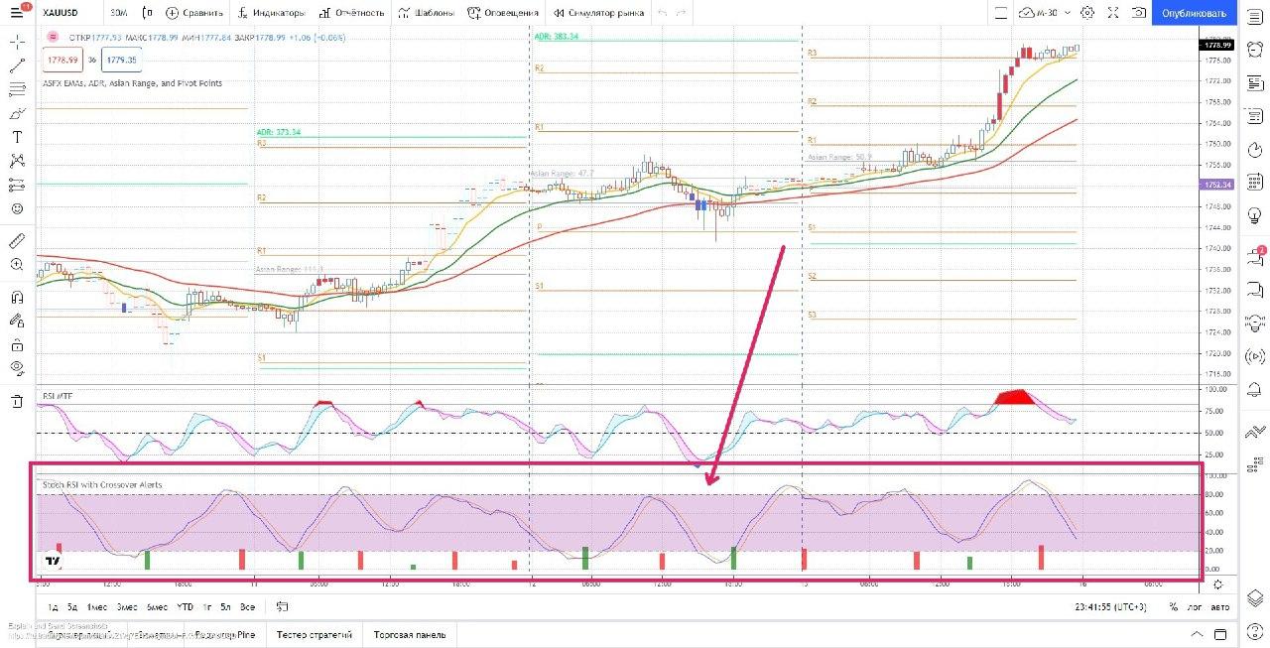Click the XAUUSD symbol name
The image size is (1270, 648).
point(63,14)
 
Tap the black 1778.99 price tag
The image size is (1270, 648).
point(1216,45)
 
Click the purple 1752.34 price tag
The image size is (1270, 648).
point(1216,185)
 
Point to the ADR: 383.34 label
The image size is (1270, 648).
point(556,36)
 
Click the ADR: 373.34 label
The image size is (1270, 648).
point(278,132)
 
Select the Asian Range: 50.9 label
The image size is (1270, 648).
point(839,157)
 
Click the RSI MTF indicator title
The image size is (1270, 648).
point(57,396)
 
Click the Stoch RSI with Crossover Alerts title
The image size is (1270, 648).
point(101,484)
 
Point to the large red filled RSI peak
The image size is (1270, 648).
point(1014,397)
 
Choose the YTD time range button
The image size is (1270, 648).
point(185,606)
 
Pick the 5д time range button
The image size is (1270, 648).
point(71,606)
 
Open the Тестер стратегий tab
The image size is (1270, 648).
point(315,634)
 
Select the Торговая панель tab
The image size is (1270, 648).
point(409,634)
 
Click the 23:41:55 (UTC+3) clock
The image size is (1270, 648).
point(1112,606)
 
